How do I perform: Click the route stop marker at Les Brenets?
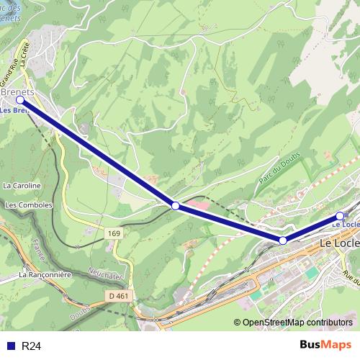coord(20,102)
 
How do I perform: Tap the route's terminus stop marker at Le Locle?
coord(340,215)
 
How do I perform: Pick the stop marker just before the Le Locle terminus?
coord(283,240)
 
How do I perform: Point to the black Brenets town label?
coord(19,92)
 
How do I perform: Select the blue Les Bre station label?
coord(14,111)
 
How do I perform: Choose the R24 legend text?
coord(32,346)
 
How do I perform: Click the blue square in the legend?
coord(9,346)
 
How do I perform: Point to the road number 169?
coord(115,233)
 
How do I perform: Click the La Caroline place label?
coord(22,185)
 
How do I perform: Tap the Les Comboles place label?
coord(29,205)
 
